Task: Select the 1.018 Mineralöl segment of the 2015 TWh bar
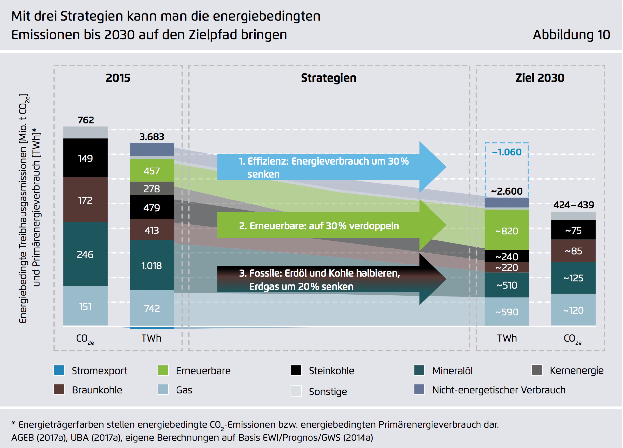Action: pos(152,265)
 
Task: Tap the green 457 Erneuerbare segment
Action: pos(152,171)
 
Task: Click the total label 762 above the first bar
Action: pos(86,120)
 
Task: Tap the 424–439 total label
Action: pos(573,205)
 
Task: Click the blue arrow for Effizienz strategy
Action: pos(330,167)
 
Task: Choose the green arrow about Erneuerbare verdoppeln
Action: pos(330,225)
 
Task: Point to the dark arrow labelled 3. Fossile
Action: pos(330,279)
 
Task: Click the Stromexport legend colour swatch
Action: pos(59,370)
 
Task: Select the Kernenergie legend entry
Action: pos(576,370)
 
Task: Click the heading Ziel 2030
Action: pos(540,78)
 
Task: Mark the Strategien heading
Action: pos(328,78)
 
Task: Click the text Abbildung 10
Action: pos(571,35)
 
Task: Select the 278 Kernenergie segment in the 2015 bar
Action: pos(152,189)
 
